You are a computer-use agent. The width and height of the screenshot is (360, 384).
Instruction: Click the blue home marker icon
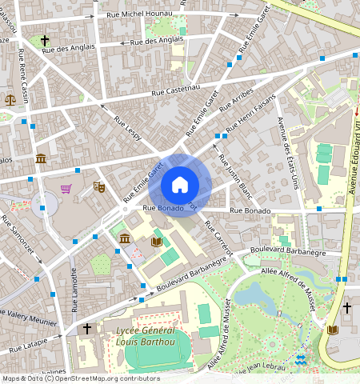tap(180, 186)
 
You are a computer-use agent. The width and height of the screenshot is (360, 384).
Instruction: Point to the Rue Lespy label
tap(127, 129)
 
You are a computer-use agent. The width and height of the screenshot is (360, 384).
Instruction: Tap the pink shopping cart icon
tap(66, 190)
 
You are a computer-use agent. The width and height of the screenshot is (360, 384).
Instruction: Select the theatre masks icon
tap(100, 186)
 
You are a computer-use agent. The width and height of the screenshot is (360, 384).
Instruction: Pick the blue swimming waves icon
tap(301, 360)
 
